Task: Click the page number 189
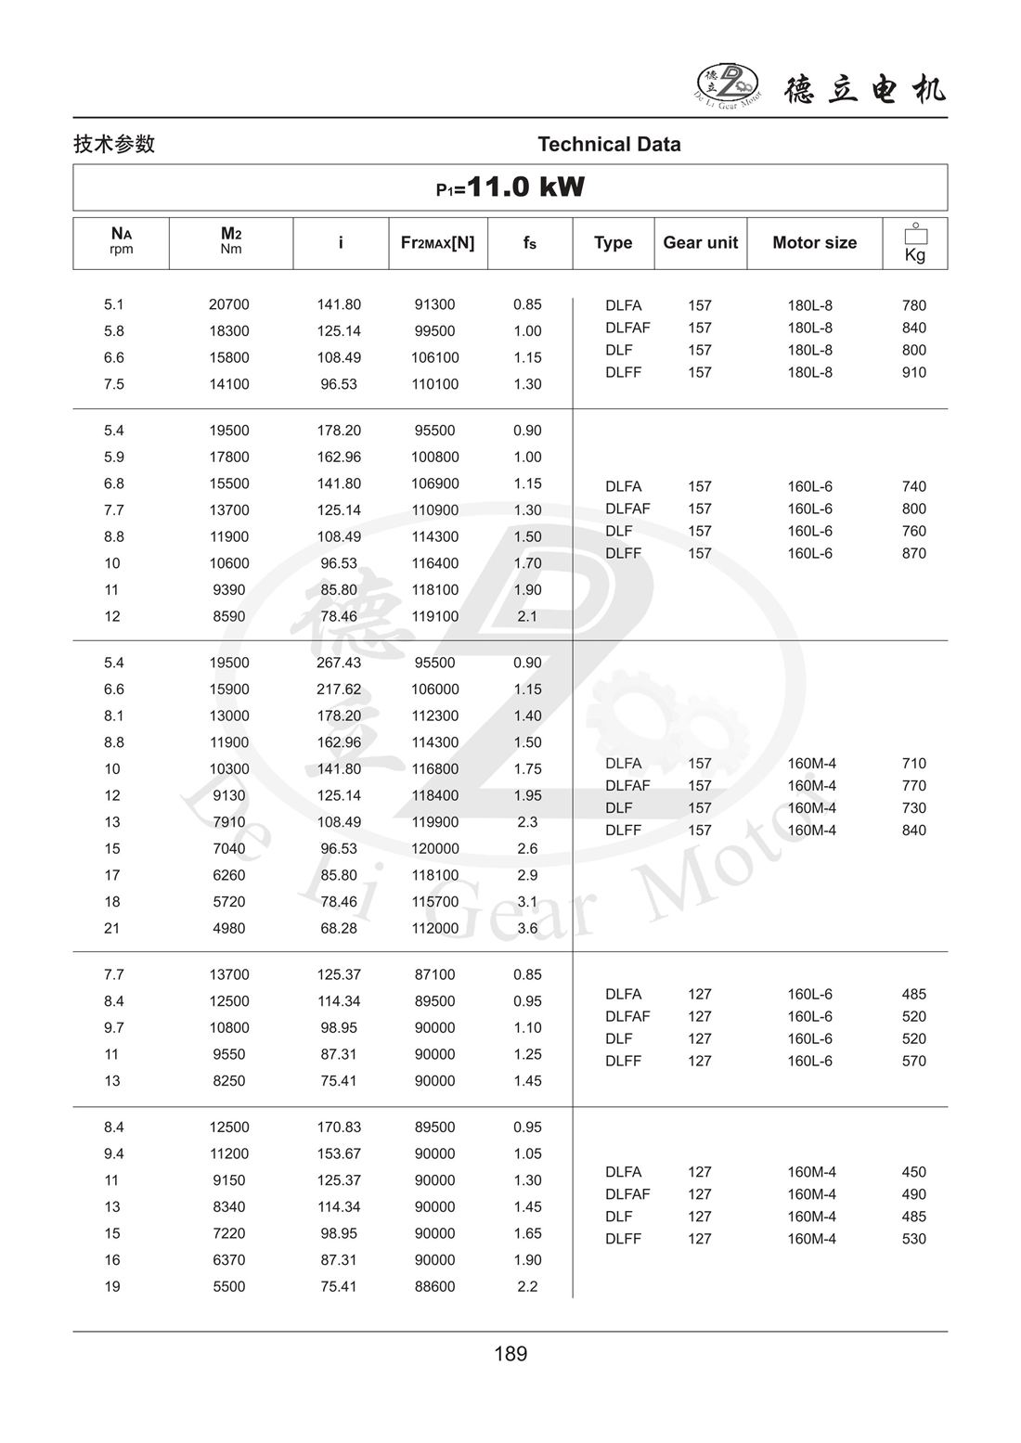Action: pyautogui.click(x=510, y=1354)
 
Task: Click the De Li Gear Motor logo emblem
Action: pyautogui.click(x=728, y=84)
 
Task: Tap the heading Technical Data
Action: pyautogui.click(x=609, y=144)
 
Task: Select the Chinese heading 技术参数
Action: pyautogui.click(x=114, y=144)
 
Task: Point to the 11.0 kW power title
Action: pyautogui.click(x=510, y=187)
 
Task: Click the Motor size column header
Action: pyautogui.click(x=814, y=243)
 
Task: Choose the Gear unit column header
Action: pyautogui.click(x=700, y=243)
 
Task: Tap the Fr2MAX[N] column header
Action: pyautogui.click(x=437, y=243)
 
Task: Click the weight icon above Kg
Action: pyautogui.click(x=915, y=234)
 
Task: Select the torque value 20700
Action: pyautogui.click(x=229, y=304)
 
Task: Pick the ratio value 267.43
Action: pyautogui.click(x=339, y=663)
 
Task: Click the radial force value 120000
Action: pyautogui.click(x=434, y=848)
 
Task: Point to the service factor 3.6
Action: pyautogui.click(x=527, y=928)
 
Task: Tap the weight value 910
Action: pyautogui.click(x=913, y=372)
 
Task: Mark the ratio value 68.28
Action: pyautogui.click(x=339, y=928)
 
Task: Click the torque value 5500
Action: pyautogui.click(x=229, y=1286)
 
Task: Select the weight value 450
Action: pyautogui.click(x=913, y=1172)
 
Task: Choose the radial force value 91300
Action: pyautogui.click(x=434, y=304)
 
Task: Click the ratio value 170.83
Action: pyautogui.click(x=339, y=1127)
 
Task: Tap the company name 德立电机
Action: pyautogui.click(x=865, y=89)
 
